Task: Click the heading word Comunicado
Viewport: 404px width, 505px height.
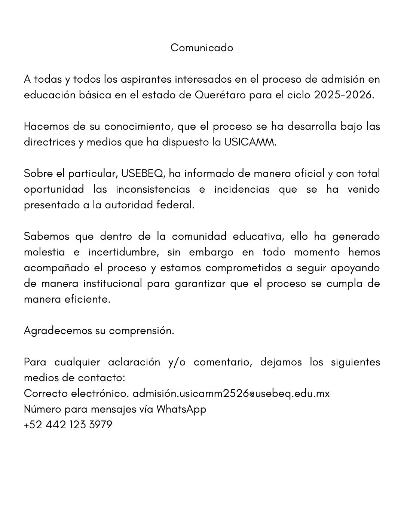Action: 202,48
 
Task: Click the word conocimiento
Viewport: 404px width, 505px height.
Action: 138,126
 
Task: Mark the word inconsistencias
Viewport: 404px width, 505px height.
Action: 153,189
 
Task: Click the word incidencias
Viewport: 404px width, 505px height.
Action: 242,189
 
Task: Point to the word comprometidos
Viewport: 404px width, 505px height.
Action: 243,268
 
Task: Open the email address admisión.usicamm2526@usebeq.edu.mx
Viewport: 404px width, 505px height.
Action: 231,394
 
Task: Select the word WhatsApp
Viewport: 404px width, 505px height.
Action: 181,409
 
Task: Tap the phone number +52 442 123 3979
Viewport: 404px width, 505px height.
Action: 68,425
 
